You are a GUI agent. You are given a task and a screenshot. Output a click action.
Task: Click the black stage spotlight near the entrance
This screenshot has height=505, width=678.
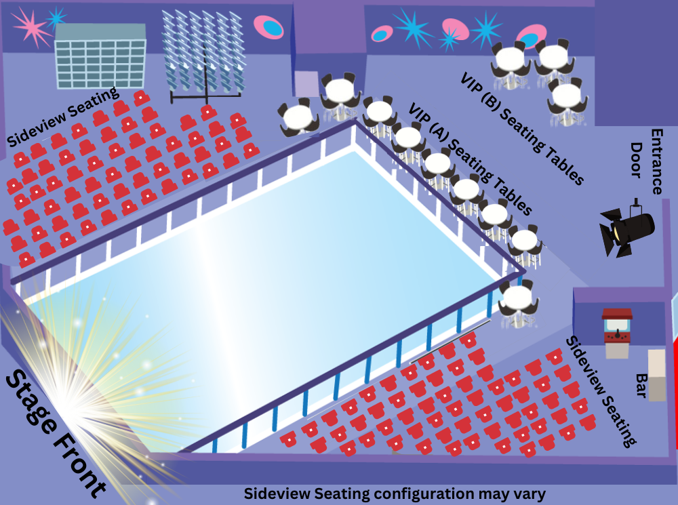627,228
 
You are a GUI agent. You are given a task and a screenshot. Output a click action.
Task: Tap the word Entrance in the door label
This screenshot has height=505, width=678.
657,161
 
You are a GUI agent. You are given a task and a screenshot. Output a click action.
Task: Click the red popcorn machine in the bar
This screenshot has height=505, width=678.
617,332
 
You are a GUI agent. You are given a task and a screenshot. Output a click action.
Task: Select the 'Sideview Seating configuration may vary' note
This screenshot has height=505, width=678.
395,493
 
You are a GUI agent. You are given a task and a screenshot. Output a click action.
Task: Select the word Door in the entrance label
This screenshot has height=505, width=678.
637,160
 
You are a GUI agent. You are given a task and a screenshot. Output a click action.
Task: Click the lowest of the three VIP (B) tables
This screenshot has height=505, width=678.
566,98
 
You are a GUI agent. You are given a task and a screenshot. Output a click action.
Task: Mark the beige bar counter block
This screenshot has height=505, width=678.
657,374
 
